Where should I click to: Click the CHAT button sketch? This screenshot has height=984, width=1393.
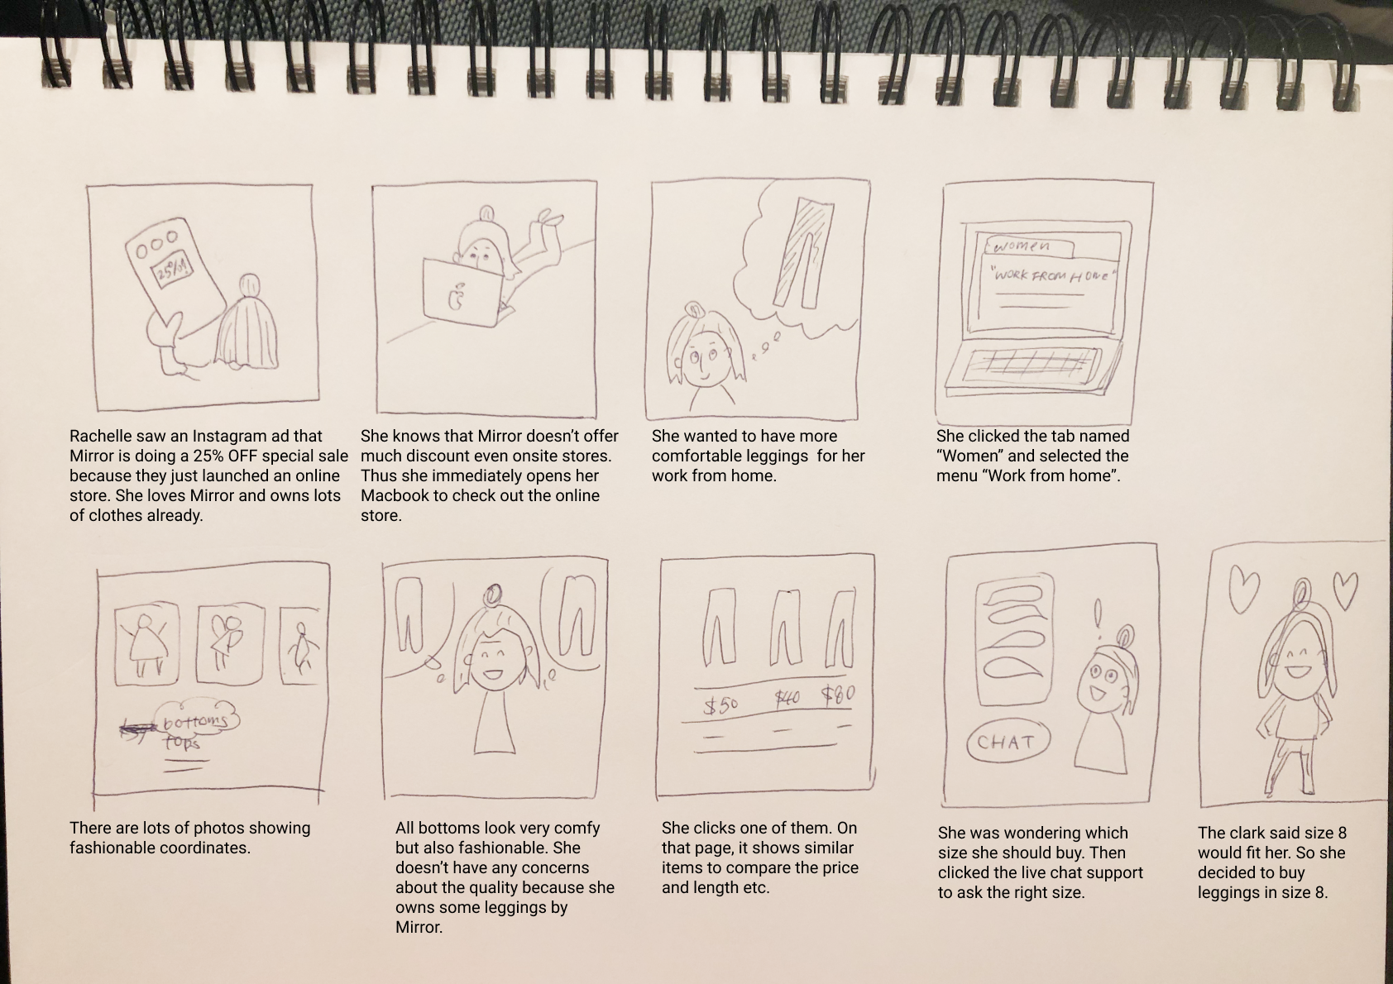click(x=1007, y=742)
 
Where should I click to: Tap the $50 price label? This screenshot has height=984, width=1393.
click(x=720, y=705)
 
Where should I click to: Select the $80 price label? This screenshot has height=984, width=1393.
click(x=838, y=695)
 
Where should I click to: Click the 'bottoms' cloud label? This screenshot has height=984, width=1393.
click(x=196, y=721)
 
